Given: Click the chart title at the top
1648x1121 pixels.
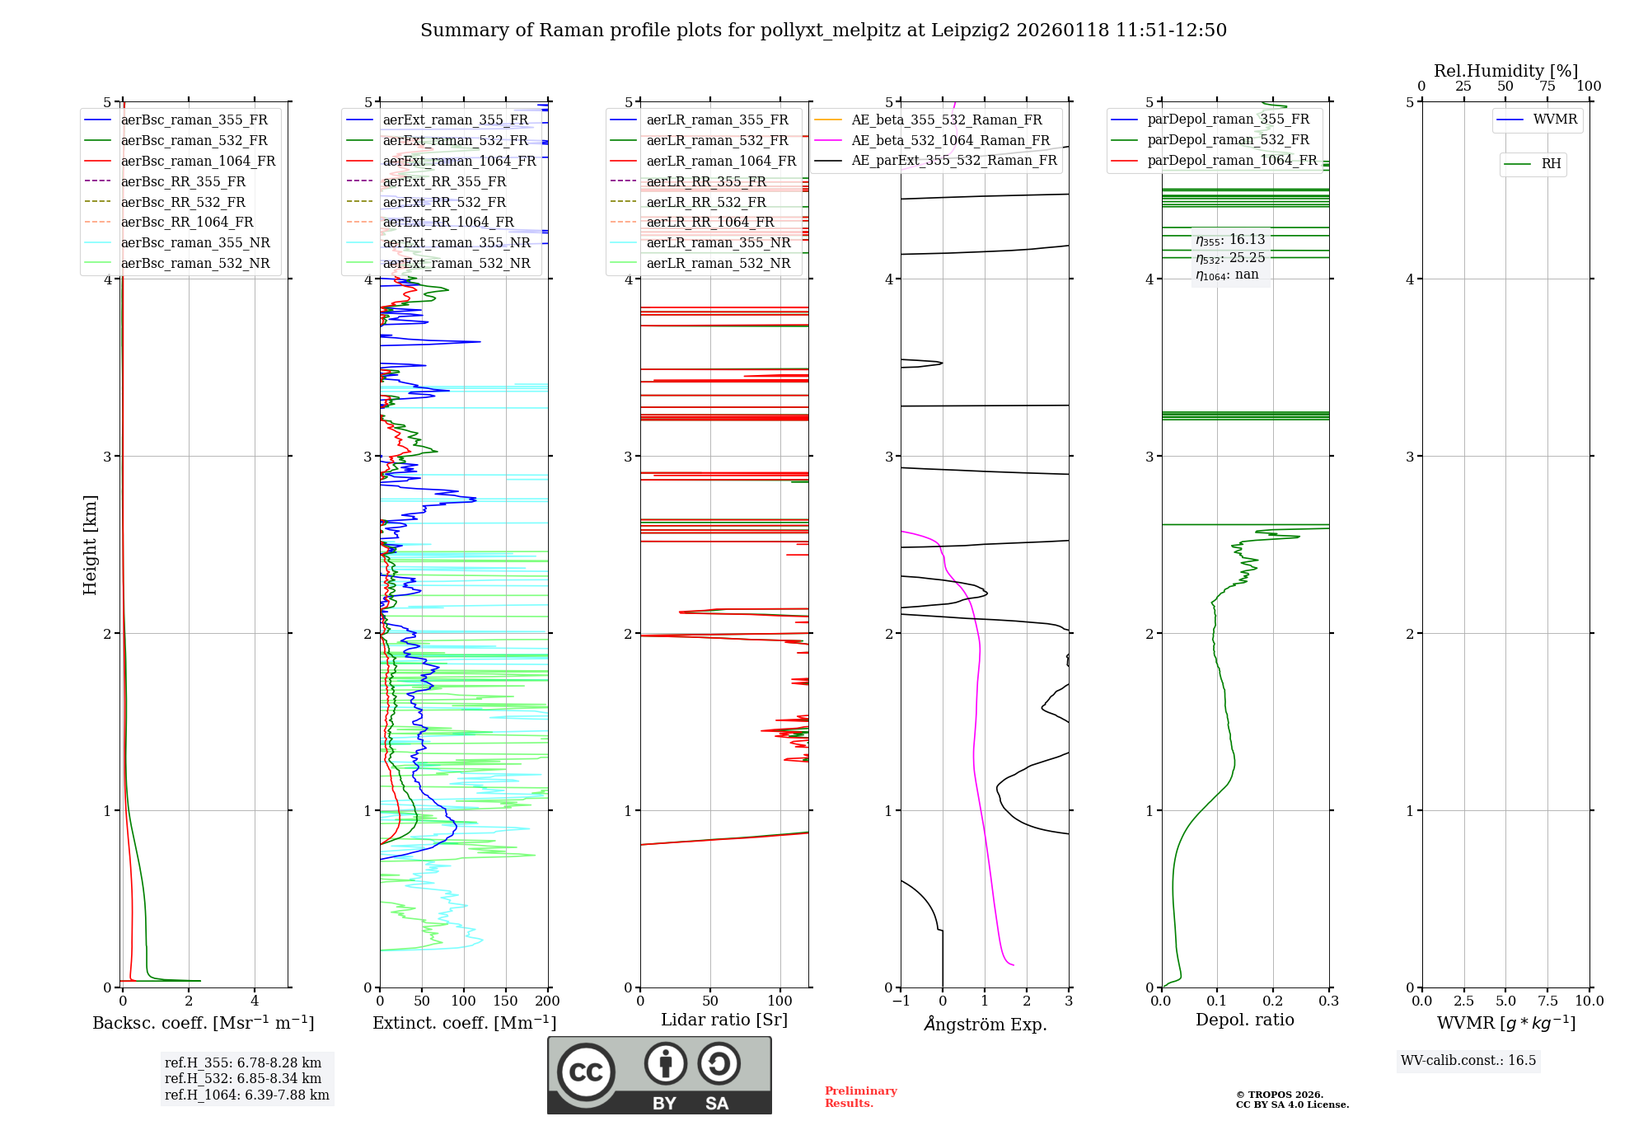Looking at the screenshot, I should (x=823, y=30).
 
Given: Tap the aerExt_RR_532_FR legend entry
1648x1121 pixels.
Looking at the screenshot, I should (x=444, y=202).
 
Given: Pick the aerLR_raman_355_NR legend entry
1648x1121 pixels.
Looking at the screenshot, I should (x=718, y=242).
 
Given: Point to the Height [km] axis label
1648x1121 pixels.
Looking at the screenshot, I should (x=90, y=545).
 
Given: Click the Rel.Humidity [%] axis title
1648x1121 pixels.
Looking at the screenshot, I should (x=1505, y=71).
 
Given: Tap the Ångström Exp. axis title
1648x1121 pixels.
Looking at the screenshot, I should (x=986, y=1024).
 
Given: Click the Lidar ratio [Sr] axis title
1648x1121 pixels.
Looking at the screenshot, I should (x=724, y=1020).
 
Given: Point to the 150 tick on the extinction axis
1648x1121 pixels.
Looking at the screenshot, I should (x=505, y=1001).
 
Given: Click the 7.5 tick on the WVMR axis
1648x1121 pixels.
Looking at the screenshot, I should (x=1547, y=1001).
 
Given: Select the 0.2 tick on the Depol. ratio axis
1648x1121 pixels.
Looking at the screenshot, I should (x=1272, y=1001).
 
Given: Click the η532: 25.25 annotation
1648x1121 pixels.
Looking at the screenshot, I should (x=1230, y=258).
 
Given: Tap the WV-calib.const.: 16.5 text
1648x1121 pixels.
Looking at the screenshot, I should (x=1468, y=1060).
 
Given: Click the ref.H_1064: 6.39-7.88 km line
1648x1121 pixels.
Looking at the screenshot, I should (x=246, y=1095).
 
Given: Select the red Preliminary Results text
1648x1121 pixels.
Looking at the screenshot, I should (x=860, y=1096).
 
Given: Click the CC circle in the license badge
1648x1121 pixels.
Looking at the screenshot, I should (x=586, y=1072).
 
